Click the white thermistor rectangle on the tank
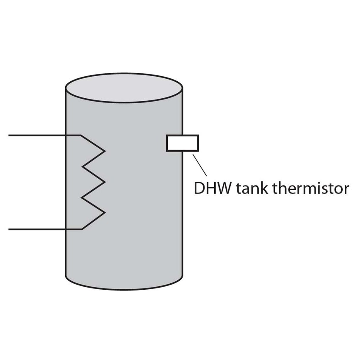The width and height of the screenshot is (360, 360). [x=182, y=143]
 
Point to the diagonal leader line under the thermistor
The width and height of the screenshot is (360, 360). [x=200, y=165]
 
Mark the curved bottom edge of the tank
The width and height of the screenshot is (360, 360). [x=124, y=289]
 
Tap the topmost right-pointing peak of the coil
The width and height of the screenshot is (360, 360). [x=104, y=150]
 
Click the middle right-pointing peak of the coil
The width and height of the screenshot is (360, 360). [x=104, y=182]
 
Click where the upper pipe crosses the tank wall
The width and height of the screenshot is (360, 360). [x=66, y=136]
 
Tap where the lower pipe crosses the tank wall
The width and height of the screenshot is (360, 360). [x=66, y=229]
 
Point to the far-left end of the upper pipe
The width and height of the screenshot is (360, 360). [x=10, y=136]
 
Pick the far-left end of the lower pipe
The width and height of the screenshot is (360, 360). [x=10, y=229]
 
